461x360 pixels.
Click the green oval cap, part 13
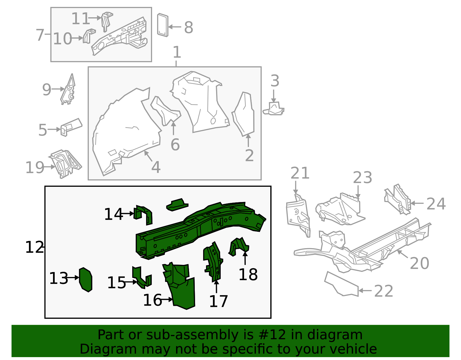point(86,280)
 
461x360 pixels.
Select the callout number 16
point(152,300)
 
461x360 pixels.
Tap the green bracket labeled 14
point(143,215)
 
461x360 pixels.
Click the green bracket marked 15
point(142,277)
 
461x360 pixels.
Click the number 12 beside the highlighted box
point(34,247)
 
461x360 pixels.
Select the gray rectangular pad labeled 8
point(163,25)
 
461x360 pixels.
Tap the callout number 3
point(275,81)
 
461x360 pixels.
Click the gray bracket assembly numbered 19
point(65,163)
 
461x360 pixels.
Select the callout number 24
point(436,204)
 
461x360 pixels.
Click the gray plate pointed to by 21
point(298,215)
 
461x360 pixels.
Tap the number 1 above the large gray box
point(177,52)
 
